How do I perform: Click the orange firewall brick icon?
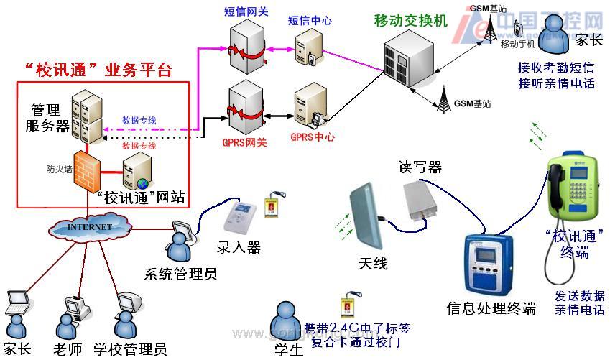click(86, 170)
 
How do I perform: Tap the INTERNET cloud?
click(91, 227)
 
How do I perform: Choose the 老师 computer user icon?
click(72, 317)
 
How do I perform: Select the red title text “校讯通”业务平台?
click(97, 70)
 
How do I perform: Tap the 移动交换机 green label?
click(410, 21)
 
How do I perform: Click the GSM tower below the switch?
click(442, 96)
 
